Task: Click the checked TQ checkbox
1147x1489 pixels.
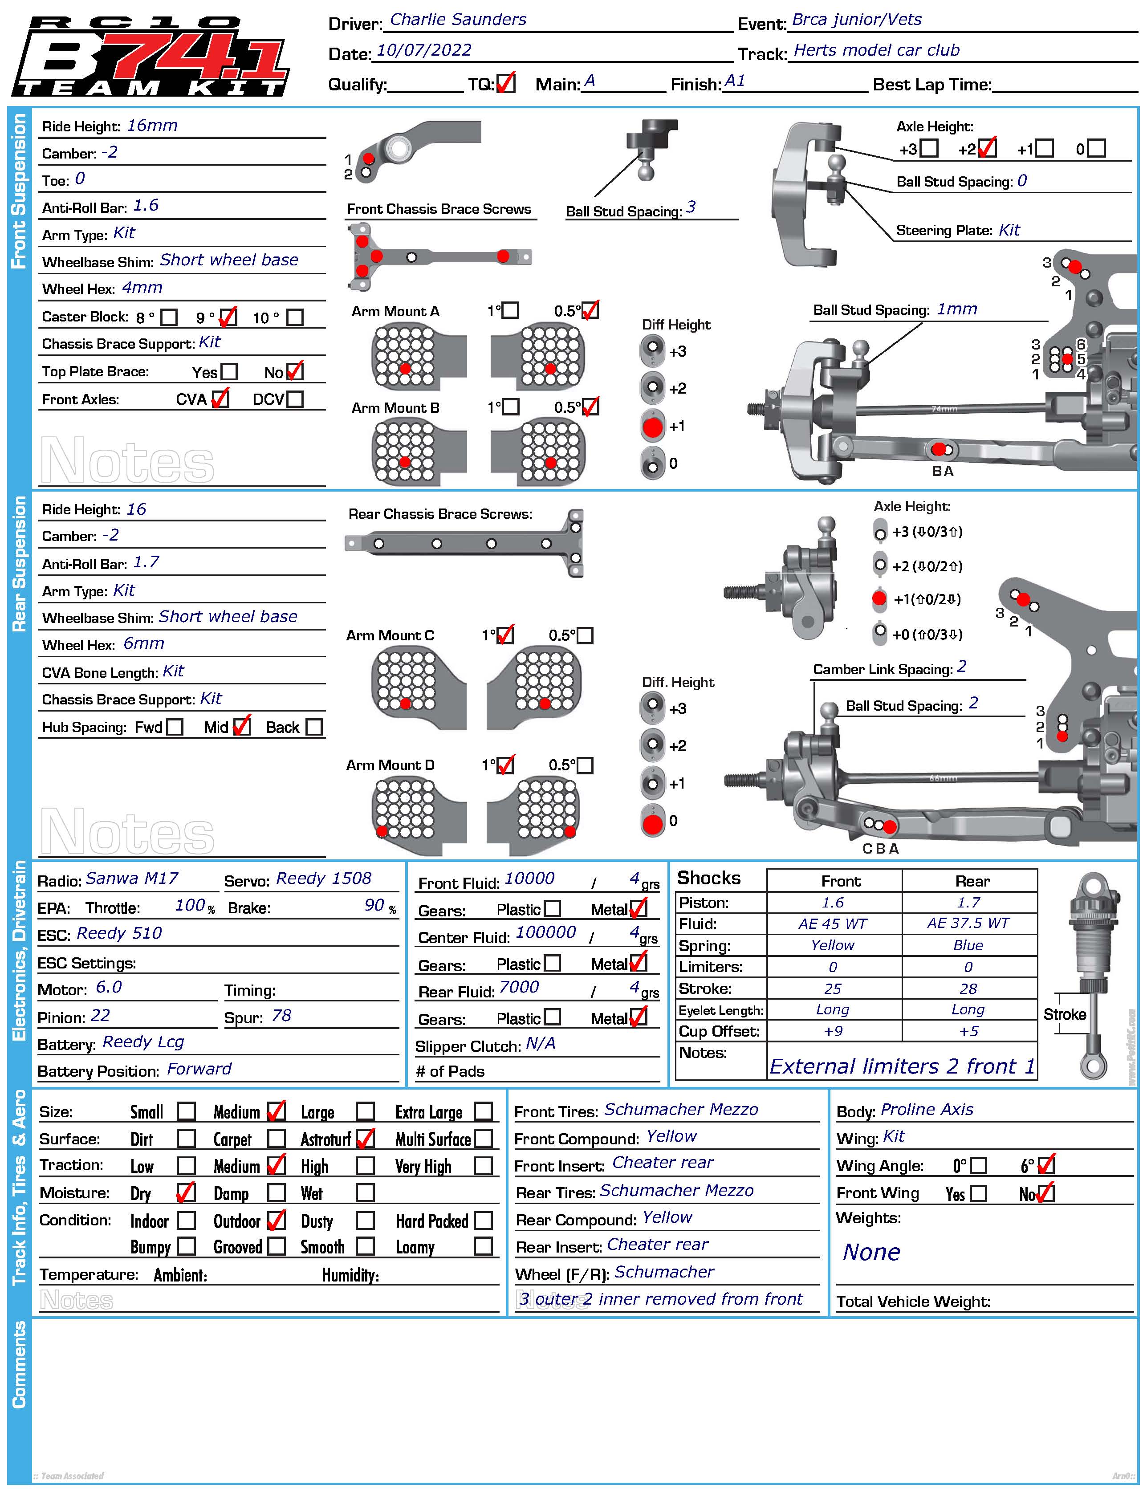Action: pos(505,84)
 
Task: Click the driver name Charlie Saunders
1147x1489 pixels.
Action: pos(458,20)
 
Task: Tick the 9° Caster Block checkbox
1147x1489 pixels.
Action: pos(228,317)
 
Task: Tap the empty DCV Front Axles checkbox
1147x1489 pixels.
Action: pos(295,399)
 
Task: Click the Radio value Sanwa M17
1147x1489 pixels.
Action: pos(132,878)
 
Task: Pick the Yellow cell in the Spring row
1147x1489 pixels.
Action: pos(833,945)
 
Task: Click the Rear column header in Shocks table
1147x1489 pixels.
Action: pos(972,881)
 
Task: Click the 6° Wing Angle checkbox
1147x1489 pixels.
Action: pos(1045,1165)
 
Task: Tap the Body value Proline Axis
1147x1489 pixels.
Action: pos(927,1109)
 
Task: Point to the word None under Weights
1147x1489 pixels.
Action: pos(871,1253)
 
